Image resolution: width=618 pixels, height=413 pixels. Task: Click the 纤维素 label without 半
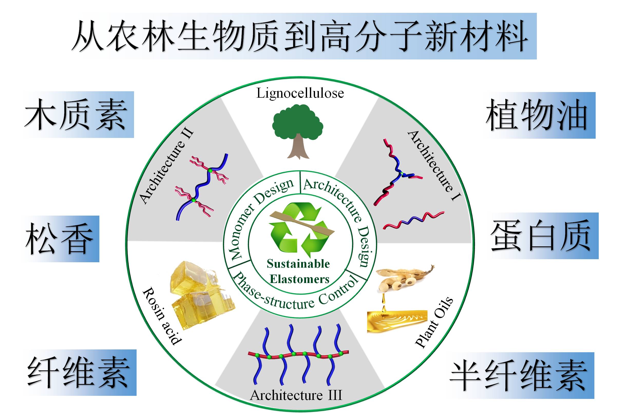[79, 372]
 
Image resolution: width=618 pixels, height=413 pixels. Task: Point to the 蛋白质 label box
[542, 236]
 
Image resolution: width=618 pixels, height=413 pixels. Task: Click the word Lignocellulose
[300, 93]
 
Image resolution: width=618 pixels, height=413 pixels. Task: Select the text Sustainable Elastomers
[299, 271]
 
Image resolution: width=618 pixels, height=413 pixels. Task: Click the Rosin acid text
[161, 316]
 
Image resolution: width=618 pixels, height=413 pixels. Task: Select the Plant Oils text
[434, 323]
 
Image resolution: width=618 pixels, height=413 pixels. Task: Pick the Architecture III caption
[296, 395]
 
